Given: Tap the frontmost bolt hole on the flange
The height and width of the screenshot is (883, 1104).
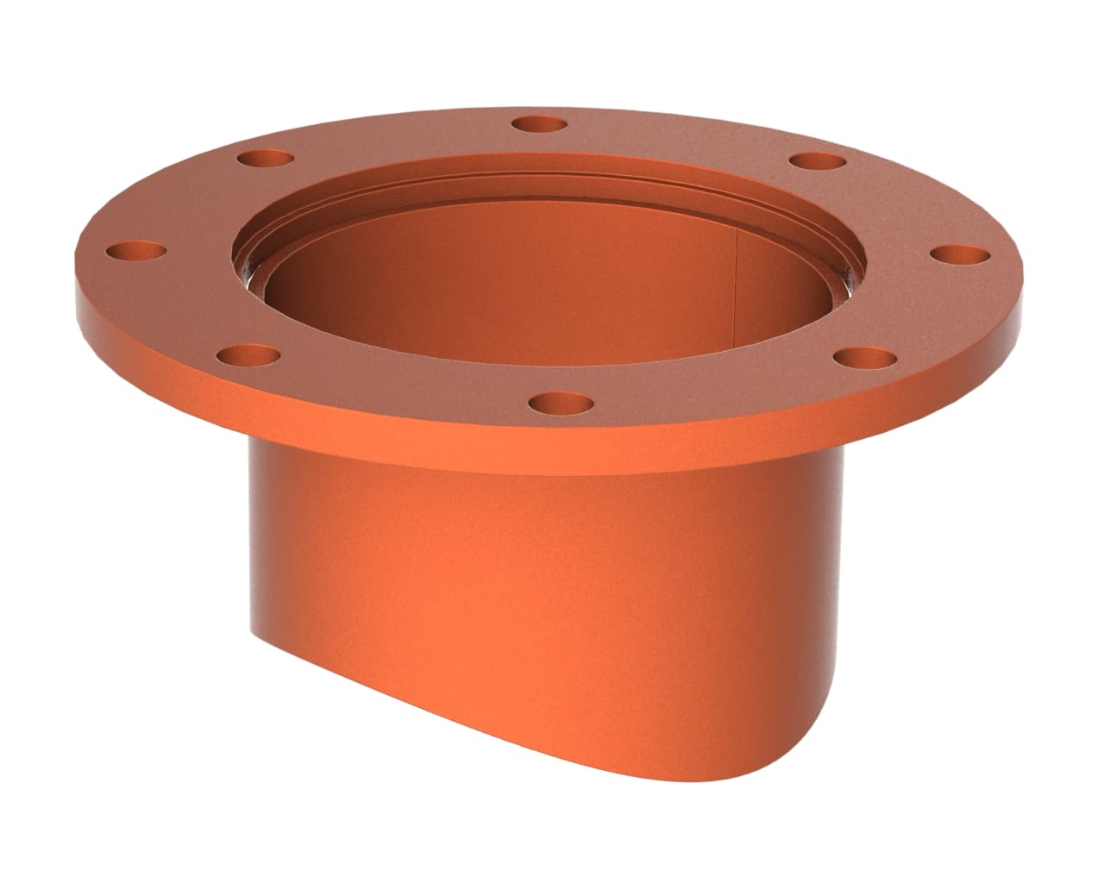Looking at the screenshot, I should click(561, 403).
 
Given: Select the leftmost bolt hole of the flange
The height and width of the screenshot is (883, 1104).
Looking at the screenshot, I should click(135, 253).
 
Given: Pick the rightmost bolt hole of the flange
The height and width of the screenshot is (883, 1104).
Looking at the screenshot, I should click(962, 255).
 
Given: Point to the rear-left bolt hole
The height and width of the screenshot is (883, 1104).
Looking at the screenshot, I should click(266, 160).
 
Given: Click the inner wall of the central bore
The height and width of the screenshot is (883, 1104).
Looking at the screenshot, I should click(517, 285).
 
